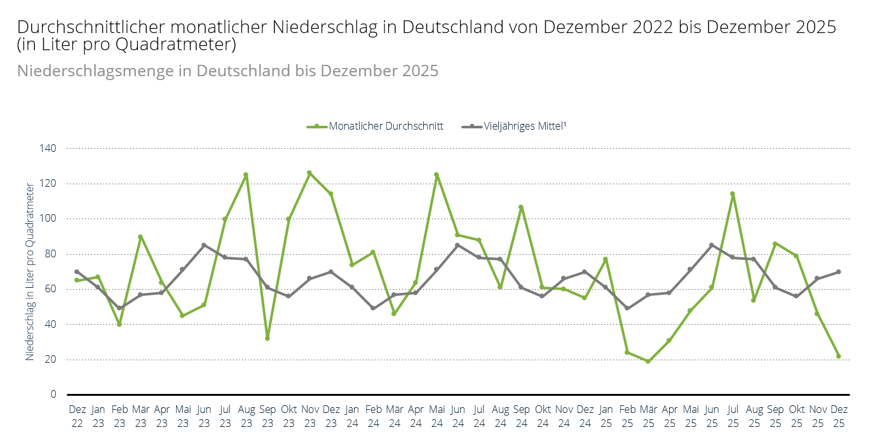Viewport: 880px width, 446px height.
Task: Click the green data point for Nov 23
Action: point(309,173)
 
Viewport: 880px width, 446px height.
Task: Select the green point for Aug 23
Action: point(246,175)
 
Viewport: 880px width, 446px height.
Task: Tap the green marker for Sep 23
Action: point(267,338)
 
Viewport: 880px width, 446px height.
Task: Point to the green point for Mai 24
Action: point(437,175)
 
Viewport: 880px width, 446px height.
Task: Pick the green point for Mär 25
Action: point(648,361)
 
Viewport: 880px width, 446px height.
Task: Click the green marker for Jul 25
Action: point(733,194)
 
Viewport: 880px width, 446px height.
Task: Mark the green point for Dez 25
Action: point(839,356)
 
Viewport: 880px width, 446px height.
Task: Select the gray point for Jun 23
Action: point(204,245)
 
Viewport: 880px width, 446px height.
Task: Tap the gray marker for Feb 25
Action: point(627,308)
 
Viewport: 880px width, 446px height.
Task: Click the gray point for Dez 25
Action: point(839,272)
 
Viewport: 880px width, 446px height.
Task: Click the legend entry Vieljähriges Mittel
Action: point(524,126)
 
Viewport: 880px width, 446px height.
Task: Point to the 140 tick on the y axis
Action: point(49,149)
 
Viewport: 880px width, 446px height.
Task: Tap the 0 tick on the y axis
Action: point(53,395)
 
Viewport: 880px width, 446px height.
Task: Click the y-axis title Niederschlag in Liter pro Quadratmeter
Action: point(30,271)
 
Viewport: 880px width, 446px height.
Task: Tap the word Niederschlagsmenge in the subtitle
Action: point(105,71)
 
